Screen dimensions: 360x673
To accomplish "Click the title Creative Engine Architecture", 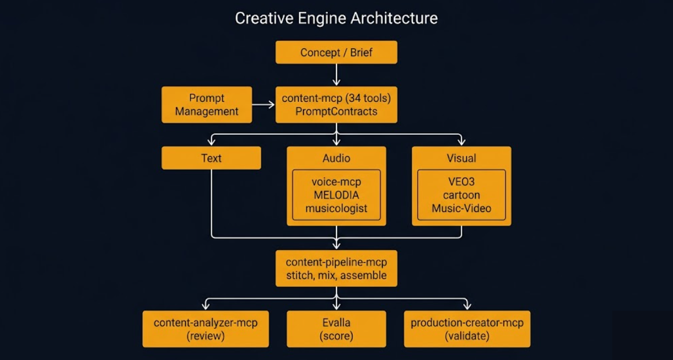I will (x=336, y=18).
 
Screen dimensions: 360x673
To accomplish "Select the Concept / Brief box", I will (x=336, y=53).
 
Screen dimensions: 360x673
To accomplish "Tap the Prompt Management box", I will (x=207, y=105).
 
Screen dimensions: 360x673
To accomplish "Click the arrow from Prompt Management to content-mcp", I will (x=264, y=105).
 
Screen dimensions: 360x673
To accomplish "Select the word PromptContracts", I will (x=336, y=112).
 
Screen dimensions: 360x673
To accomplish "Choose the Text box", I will (x=211, y=158).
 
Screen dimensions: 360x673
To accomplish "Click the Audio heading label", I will (x=336, y=158).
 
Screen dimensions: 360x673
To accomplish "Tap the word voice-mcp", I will (x=336, y=182).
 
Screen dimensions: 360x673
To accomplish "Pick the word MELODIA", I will (x=336, y=195).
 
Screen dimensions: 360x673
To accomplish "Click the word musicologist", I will (x=336, y=208).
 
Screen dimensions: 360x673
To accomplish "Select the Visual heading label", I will (x=461, y=158).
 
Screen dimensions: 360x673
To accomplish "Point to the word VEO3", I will (x=461, y=182).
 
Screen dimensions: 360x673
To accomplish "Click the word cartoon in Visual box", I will (x=461, y=195).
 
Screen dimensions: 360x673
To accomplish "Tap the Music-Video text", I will (x=461, y=208).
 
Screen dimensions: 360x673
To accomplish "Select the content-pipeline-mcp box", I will (x=336, y=269).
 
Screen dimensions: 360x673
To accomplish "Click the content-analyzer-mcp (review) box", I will (x=205, y=329).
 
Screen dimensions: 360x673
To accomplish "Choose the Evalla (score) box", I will (x=336, y=329).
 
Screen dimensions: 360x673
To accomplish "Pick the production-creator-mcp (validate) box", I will (x=467, y=329).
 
